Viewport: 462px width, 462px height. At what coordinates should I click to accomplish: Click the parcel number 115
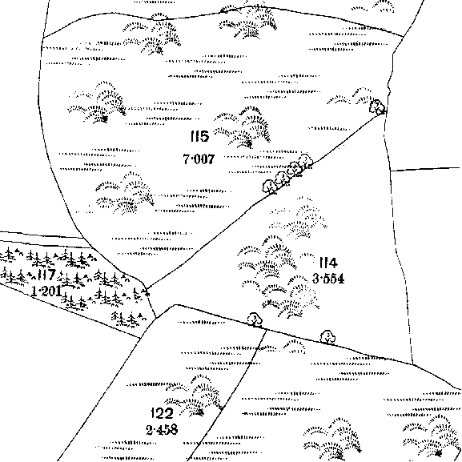199,136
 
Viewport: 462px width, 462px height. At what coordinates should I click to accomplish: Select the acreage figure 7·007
199,159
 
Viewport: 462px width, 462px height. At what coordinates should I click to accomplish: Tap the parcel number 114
328,263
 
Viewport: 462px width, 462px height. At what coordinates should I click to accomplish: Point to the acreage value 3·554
328,279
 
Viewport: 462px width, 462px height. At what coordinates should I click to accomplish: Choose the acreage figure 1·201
46,291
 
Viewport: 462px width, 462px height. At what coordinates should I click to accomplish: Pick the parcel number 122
162,413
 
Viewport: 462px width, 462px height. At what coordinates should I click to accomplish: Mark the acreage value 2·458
162,430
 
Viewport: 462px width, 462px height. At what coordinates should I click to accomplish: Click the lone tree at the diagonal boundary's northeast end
377,106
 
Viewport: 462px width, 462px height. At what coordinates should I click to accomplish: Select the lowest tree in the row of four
269,187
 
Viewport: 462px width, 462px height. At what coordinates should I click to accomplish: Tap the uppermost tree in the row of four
306,161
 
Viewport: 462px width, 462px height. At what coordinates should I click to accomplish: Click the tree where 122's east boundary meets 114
255,319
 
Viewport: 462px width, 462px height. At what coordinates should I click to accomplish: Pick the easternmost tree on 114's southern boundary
327,337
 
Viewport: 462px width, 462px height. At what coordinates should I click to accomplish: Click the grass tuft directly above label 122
194,396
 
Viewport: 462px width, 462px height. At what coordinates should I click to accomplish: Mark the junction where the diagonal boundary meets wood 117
147,289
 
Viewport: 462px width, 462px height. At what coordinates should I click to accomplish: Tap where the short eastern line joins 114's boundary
391,171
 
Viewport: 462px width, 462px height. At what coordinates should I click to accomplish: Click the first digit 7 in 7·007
187,159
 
